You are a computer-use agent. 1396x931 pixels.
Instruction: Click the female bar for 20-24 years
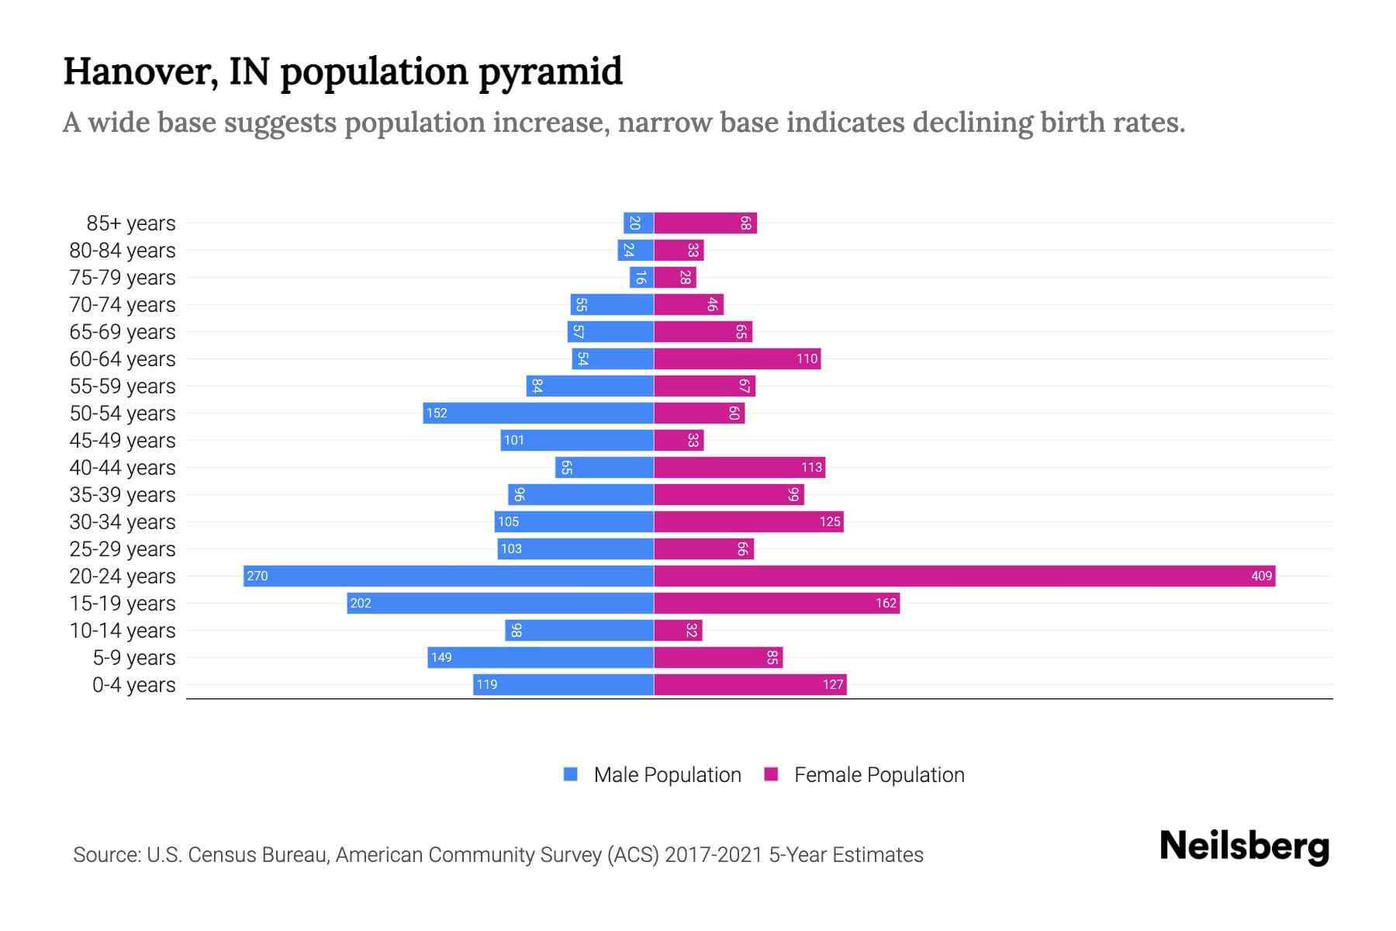964,576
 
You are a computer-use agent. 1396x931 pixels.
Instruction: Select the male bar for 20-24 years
448,576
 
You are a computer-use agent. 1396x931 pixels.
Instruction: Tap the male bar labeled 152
538,413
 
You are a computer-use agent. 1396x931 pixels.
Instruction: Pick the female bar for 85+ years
705,223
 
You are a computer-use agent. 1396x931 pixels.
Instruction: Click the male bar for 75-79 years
641,278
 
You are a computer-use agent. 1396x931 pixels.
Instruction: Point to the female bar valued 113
739,467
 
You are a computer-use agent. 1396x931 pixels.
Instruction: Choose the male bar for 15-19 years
500,603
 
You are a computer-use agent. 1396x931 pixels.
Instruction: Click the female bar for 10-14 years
678,630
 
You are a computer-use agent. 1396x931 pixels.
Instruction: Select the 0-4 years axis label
133,685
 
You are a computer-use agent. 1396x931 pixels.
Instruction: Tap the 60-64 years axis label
123,359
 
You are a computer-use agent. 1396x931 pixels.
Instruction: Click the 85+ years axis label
131,223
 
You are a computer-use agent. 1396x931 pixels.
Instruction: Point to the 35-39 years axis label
123,495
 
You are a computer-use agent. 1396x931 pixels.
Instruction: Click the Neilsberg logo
1244,846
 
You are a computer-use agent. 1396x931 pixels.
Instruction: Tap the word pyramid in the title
550,71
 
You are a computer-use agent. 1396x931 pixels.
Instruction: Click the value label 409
1261,576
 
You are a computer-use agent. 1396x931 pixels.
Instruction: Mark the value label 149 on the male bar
441,657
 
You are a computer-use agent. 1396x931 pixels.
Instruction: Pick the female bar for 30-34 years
748,521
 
